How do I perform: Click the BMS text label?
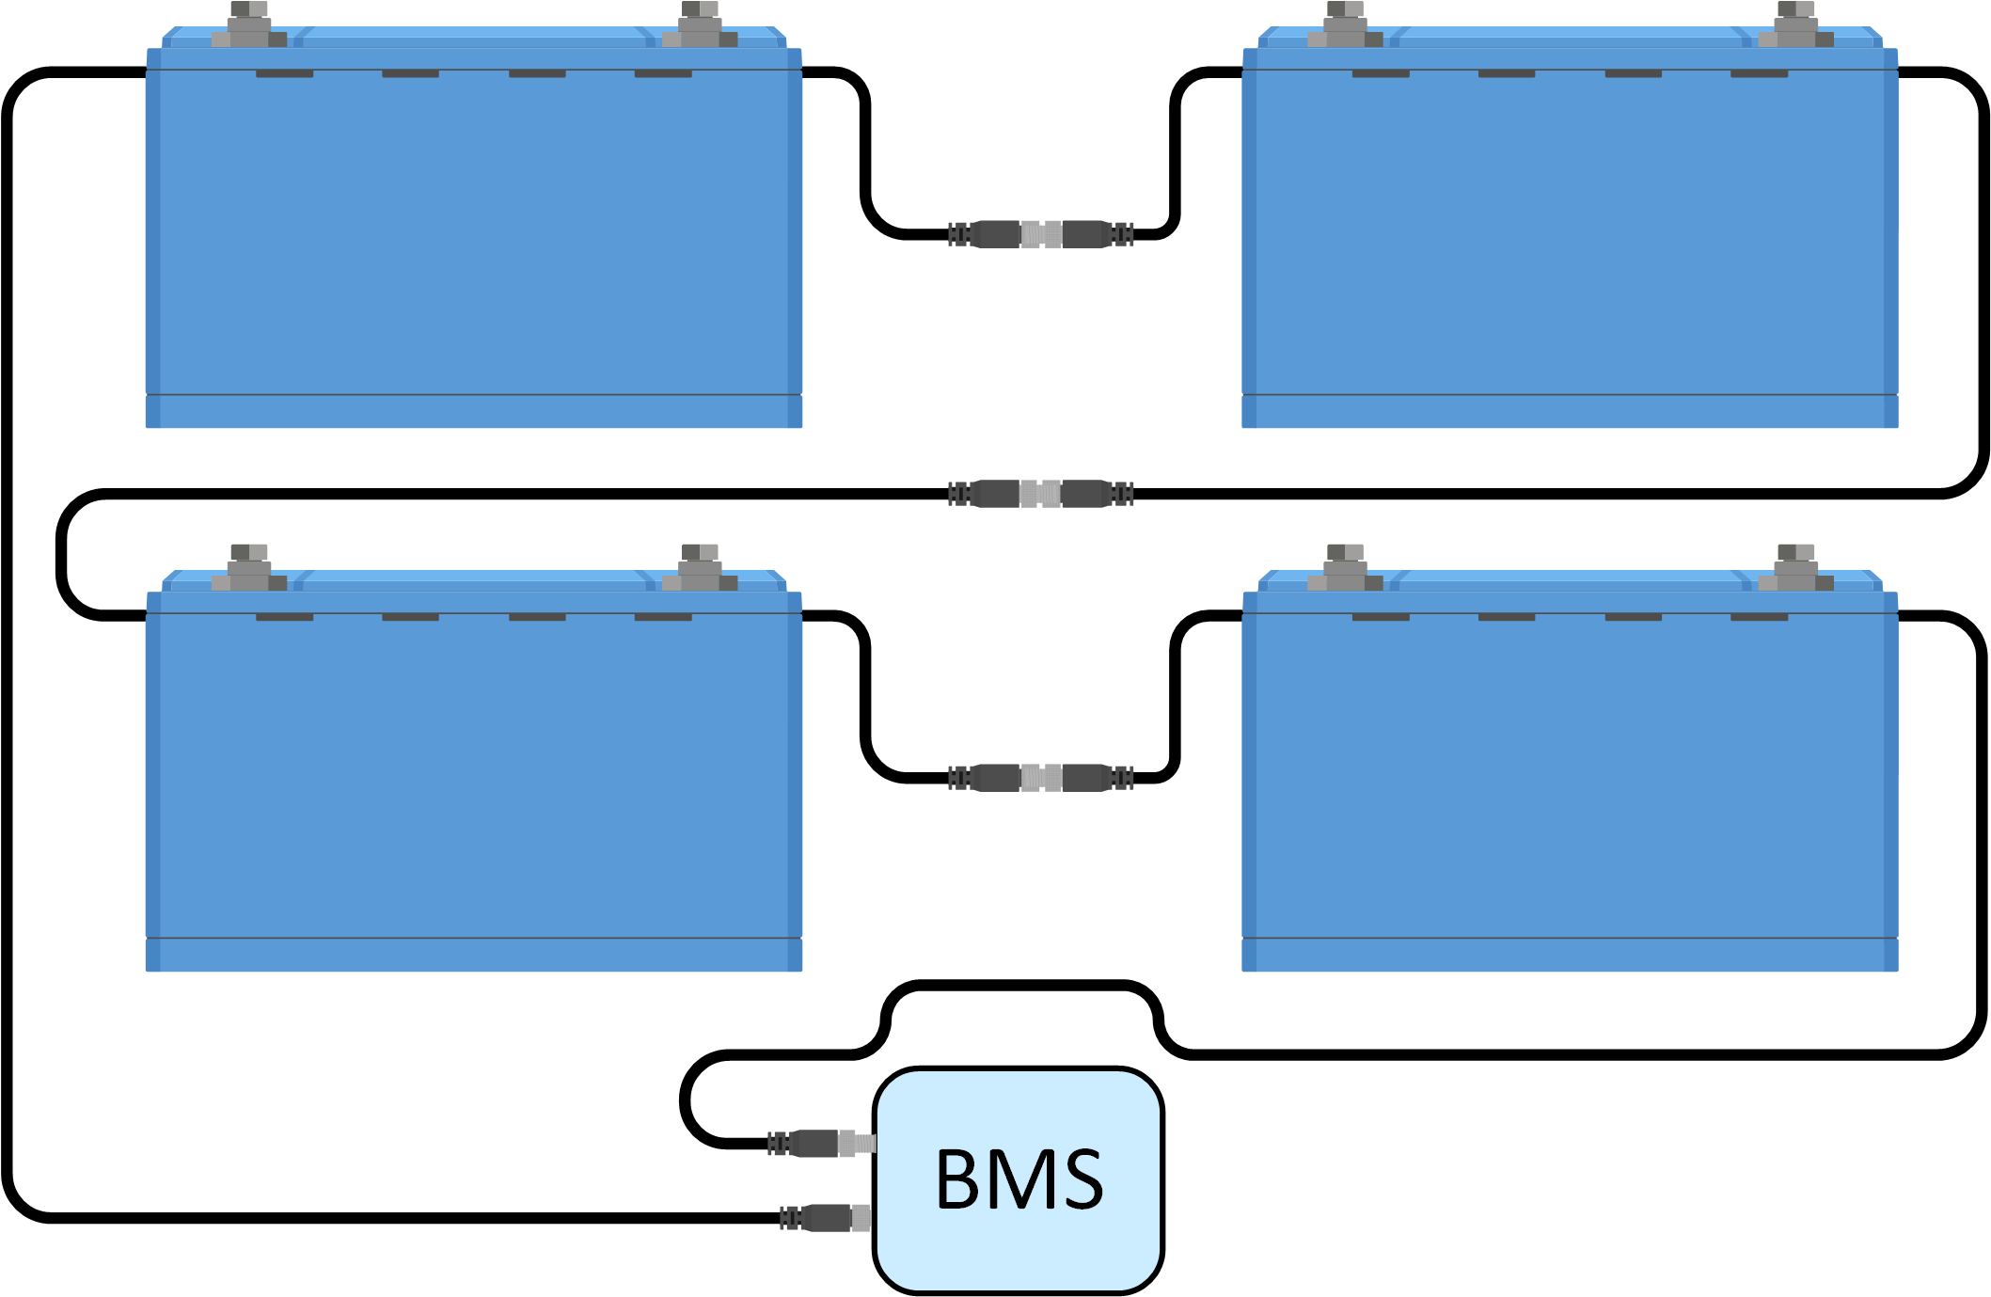[x=1019, y=1179]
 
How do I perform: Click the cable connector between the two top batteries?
[x=1040, y=234]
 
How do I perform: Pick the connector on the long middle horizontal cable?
[x=1040, y=494]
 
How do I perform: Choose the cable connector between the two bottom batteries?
[x=1040, y=778]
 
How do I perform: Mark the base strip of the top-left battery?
[x=474, y=412]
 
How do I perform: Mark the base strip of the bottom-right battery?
[x=1570, y=955]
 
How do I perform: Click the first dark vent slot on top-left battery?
[x=284, y=73]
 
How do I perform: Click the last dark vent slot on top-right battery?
[x=1759, y=73]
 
